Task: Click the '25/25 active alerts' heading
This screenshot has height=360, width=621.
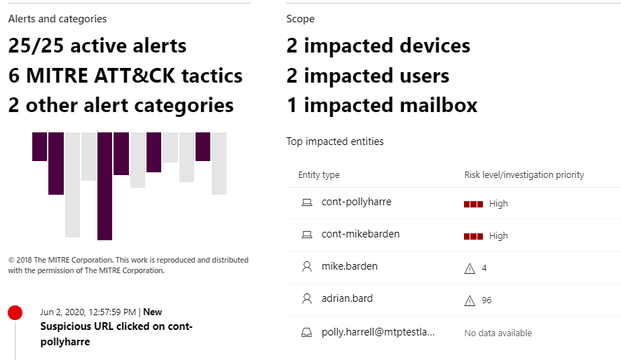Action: tap(97, 46)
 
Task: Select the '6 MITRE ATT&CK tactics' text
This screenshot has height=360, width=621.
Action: tap(125, 76)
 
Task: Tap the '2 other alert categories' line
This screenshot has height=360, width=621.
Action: tap(121, 105)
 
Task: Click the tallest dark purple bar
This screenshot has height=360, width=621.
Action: tap(104, 186)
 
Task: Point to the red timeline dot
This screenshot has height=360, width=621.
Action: tap(15, 313)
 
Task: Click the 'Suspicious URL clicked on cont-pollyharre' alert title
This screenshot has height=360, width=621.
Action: tap(116, 334)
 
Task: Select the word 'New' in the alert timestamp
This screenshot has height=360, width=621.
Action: tap(152, 312)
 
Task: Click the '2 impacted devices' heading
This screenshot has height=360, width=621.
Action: tap(378, 46)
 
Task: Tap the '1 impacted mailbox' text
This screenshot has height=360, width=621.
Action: tap(381, 105)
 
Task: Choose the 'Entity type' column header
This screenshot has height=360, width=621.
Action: tap(319, 174)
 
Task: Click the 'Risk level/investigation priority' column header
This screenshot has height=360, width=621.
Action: tap(524, 174)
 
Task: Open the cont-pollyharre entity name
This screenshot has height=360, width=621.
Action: tap(356, 202)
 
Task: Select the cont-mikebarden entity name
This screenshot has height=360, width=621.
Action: tap(360, 235)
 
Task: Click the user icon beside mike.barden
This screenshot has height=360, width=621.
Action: tap(306, 267)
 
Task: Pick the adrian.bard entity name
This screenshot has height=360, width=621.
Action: tap(347, 299)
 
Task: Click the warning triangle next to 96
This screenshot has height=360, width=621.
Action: tap(470, 300)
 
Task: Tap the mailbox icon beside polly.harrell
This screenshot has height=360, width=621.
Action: tap(306, 332)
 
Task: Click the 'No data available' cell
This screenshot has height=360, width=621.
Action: tap(498, 333)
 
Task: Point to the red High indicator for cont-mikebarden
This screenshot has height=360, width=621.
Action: tap(473, 236)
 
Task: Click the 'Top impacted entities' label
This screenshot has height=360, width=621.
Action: tap(335, 141)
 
